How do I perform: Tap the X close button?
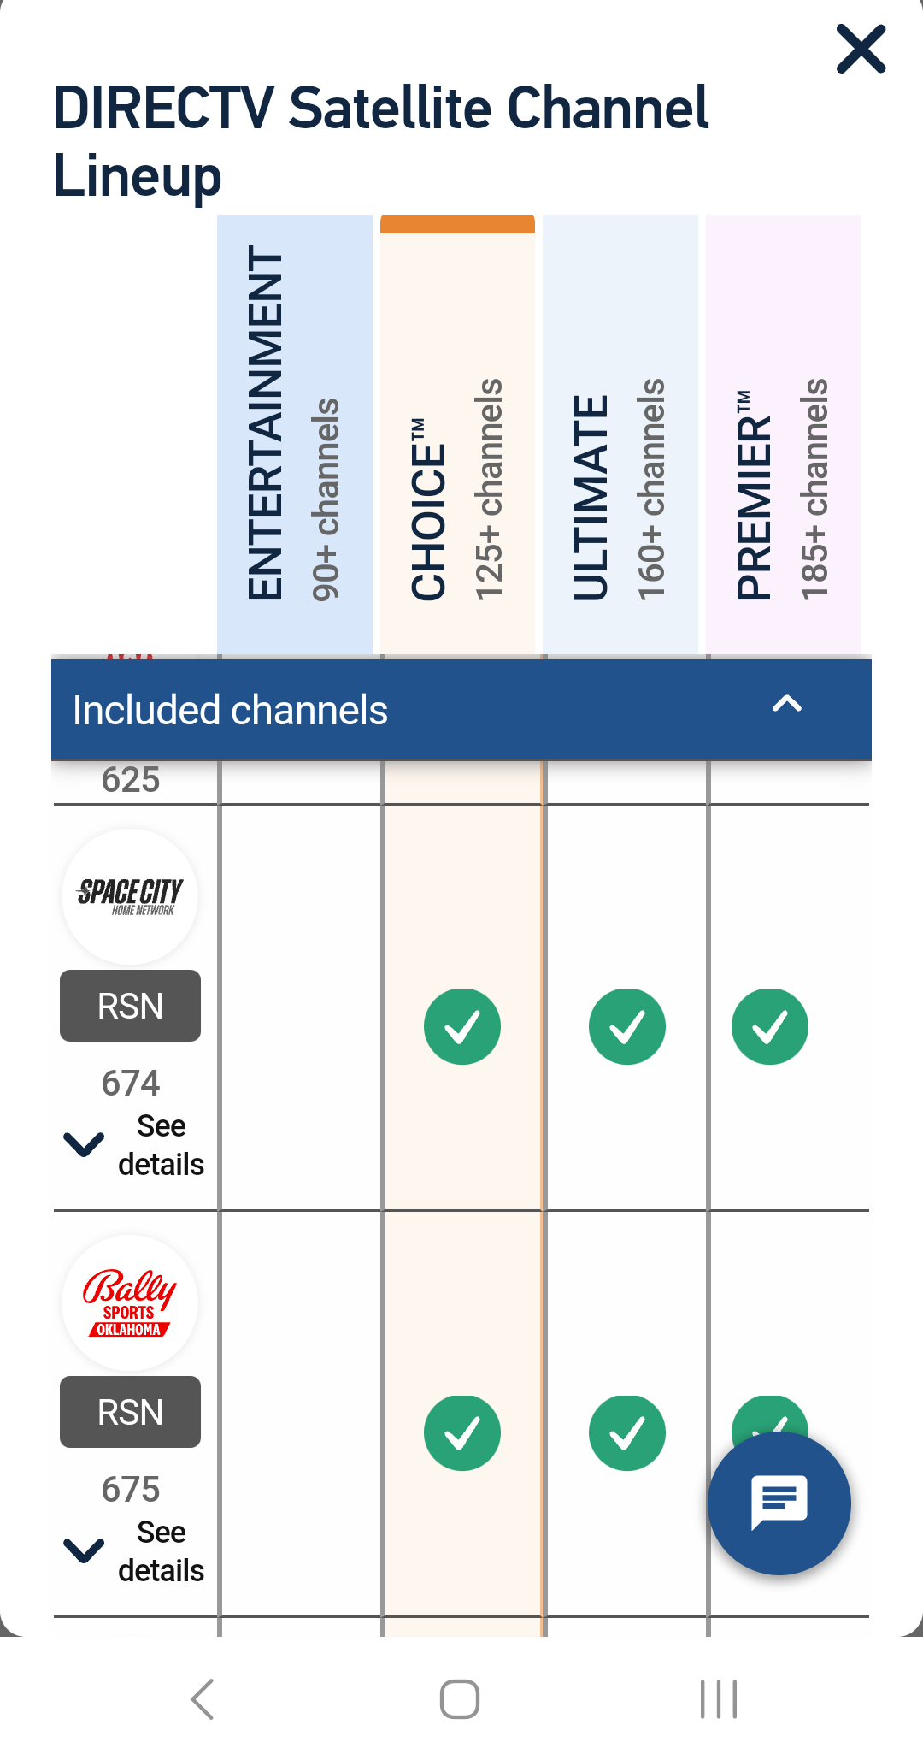pyautogui.click(x=861, y=49)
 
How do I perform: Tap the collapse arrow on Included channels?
pyautogui.click(x=786, y=705)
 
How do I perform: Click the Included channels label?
pyautogui.click(x=231, y=711)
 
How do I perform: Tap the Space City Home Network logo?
pyautogui.click(x=130, y=896)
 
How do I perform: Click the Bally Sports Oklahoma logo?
pyautogui.click(x=130, y=1302)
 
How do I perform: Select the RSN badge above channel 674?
pyautogui.click(x=130, y=1006)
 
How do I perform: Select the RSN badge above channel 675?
pyautogui.click(x=130, y=1412)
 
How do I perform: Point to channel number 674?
pyautogui.click(x=131, y=1084)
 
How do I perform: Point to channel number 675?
pyautogui.click(x=131, y=1490)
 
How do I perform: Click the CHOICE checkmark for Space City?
pyautogui.click(x=462, y=1026)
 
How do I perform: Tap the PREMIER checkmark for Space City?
pyautogui.click(x=770, y=1026)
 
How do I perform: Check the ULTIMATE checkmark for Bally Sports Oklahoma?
pyautogui.click(x=627, y=1432)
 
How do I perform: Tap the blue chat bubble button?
pyautogui.click(x=779, y=1503)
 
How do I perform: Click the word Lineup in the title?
pyautogui.click(x=138, y=175)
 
